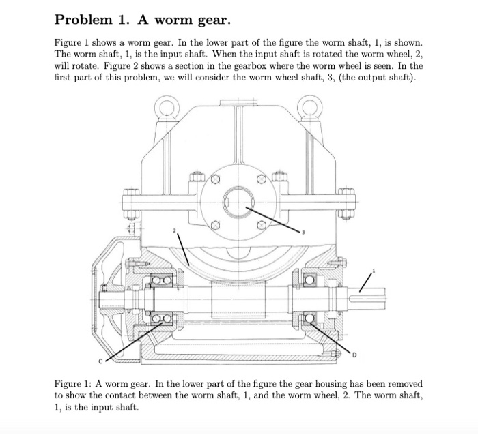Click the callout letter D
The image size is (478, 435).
pos(356,355)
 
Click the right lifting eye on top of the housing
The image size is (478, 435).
pos(312,107)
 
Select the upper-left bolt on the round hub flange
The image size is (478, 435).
pos(214,179)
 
